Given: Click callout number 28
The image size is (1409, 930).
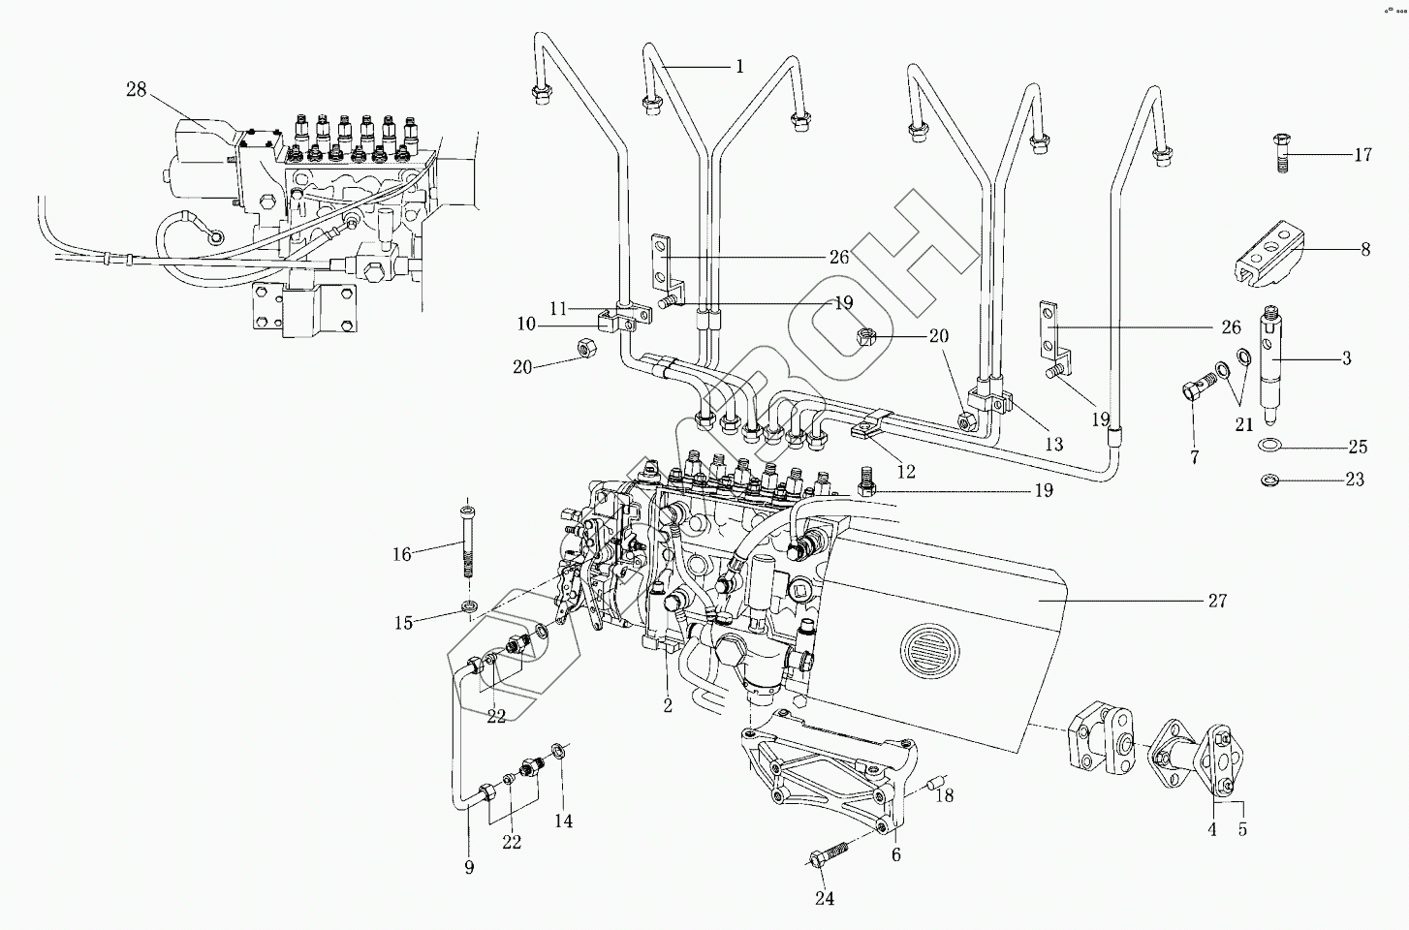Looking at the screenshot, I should [136, 90].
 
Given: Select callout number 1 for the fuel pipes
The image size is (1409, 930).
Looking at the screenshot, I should [739, 66].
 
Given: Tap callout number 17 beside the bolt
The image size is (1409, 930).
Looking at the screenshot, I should [1363, 154].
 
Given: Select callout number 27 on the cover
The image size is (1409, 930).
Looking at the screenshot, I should [1217, 601].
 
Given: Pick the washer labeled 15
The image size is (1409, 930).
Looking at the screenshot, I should [470, 607].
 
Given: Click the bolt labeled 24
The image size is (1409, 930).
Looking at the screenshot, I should [829, 856].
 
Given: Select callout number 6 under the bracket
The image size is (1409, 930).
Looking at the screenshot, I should [896, 854].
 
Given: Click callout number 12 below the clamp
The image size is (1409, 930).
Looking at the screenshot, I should [906, 472].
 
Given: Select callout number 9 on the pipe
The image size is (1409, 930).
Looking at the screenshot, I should [469, 867].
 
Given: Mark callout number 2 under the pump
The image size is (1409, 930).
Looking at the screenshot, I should [668, 705].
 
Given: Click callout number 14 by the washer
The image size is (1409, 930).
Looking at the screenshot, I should [563, 821].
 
